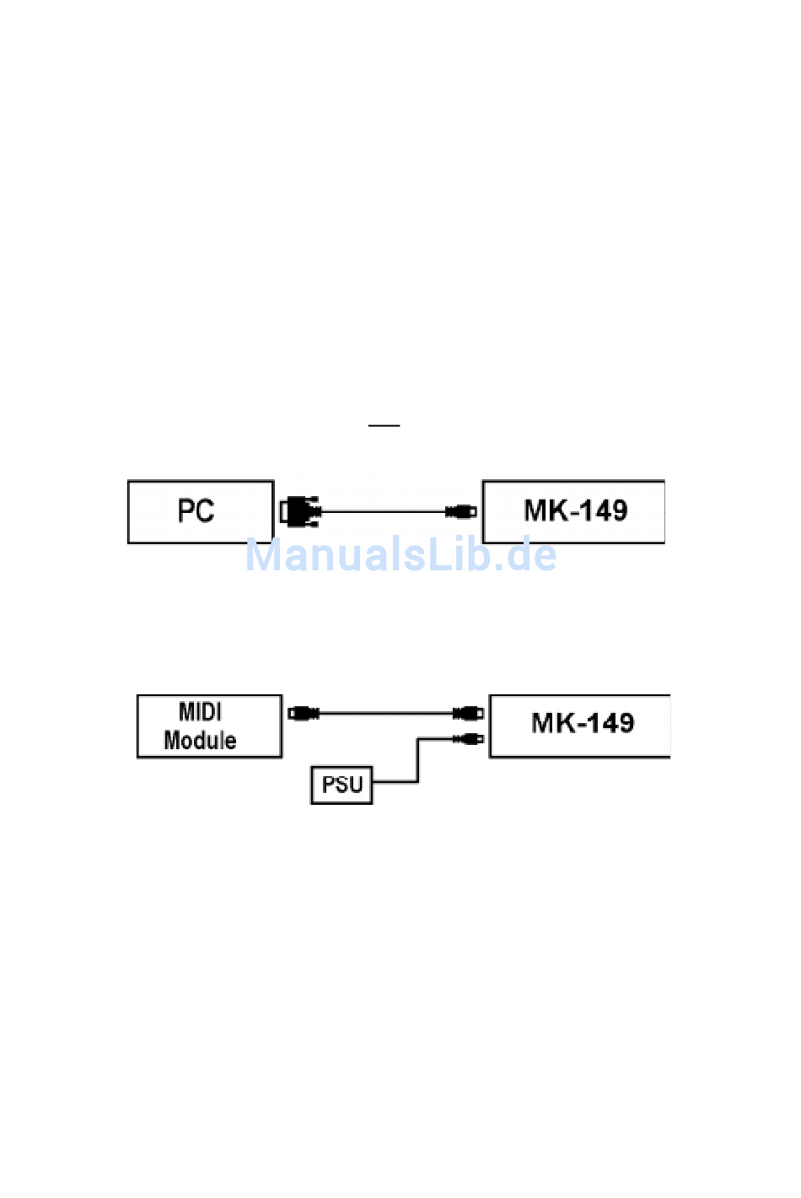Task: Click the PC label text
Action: pos(196,510)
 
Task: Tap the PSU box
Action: pos(341,785)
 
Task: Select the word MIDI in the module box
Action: pos(200,712)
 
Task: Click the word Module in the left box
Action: pos(200,741)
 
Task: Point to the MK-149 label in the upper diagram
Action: pos(576,510)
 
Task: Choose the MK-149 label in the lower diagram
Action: pos(583,722)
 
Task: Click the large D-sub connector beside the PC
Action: pos(300,511)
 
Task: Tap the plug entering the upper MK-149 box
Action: pos(461,511)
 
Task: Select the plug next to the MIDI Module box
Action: pos(304,713)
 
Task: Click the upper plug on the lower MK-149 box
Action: pos(468,713)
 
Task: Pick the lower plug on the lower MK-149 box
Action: pos(468,739)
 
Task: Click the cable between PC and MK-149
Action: pos(384,511)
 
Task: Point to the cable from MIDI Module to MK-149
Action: pos(386,713)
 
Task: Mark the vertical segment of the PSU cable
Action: pos(418,760)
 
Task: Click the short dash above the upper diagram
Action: pos(384,426)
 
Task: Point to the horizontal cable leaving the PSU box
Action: pos(395,782)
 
